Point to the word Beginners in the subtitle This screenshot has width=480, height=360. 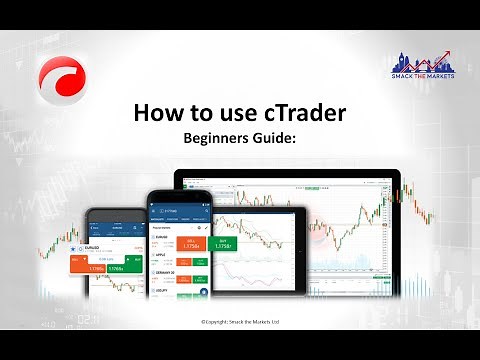pyautogui.click(x=218, y=140)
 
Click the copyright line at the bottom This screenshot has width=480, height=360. pyautogui.click(x=240, y=321)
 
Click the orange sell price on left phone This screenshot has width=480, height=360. pyautogui.click(x=97, y=268)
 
